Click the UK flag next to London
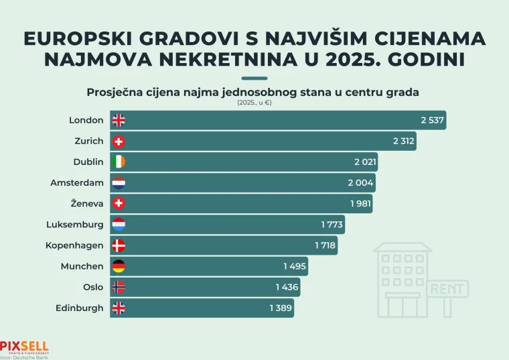coord(119,121)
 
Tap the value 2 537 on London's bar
coord(433,121)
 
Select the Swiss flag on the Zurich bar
coord(119,141)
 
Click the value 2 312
coord(404,141)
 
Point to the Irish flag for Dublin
coord(119,162)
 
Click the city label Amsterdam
coord(77,183)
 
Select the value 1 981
coord(360,204)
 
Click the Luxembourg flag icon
coord(119,225)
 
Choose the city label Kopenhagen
coord(74,245)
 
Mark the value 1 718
coord(325,245)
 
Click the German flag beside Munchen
coord(119,266)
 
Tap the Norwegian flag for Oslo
coord(119,287)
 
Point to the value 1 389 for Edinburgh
coord(281,308)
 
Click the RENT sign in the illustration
coord(447,290)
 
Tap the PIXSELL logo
coord(24,347)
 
